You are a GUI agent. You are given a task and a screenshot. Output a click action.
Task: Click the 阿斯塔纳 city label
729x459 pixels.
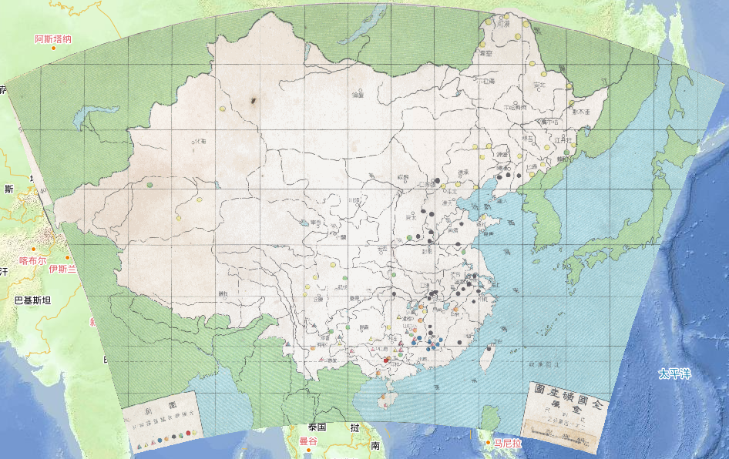point(53,39)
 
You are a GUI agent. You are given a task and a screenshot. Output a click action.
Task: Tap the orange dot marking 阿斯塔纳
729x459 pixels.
point(54,49)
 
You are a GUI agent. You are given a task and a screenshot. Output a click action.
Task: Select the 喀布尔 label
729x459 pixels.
point(33,260)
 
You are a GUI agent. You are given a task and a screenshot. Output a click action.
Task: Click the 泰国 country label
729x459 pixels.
point(317,427)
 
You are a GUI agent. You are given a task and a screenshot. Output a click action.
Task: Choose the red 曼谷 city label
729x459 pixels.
point(308,441)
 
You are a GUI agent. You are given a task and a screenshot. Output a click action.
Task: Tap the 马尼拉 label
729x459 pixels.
point(508,444)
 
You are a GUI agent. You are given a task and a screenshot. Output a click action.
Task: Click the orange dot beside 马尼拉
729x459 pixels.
point(489,442)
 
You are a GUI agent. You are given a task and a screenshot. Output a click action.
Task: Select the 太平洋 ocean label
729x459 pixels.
point(674,374)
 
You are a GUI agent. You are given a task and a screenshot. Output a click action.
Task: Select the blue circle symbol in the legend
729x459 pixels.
point(159,441)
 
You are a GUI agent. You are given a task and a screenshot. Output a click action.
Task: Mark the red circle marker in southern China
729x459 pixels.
point(385,359)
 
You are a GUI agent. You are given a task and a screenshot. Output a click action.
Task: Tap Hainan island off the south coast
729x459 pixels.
point(387,400)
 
